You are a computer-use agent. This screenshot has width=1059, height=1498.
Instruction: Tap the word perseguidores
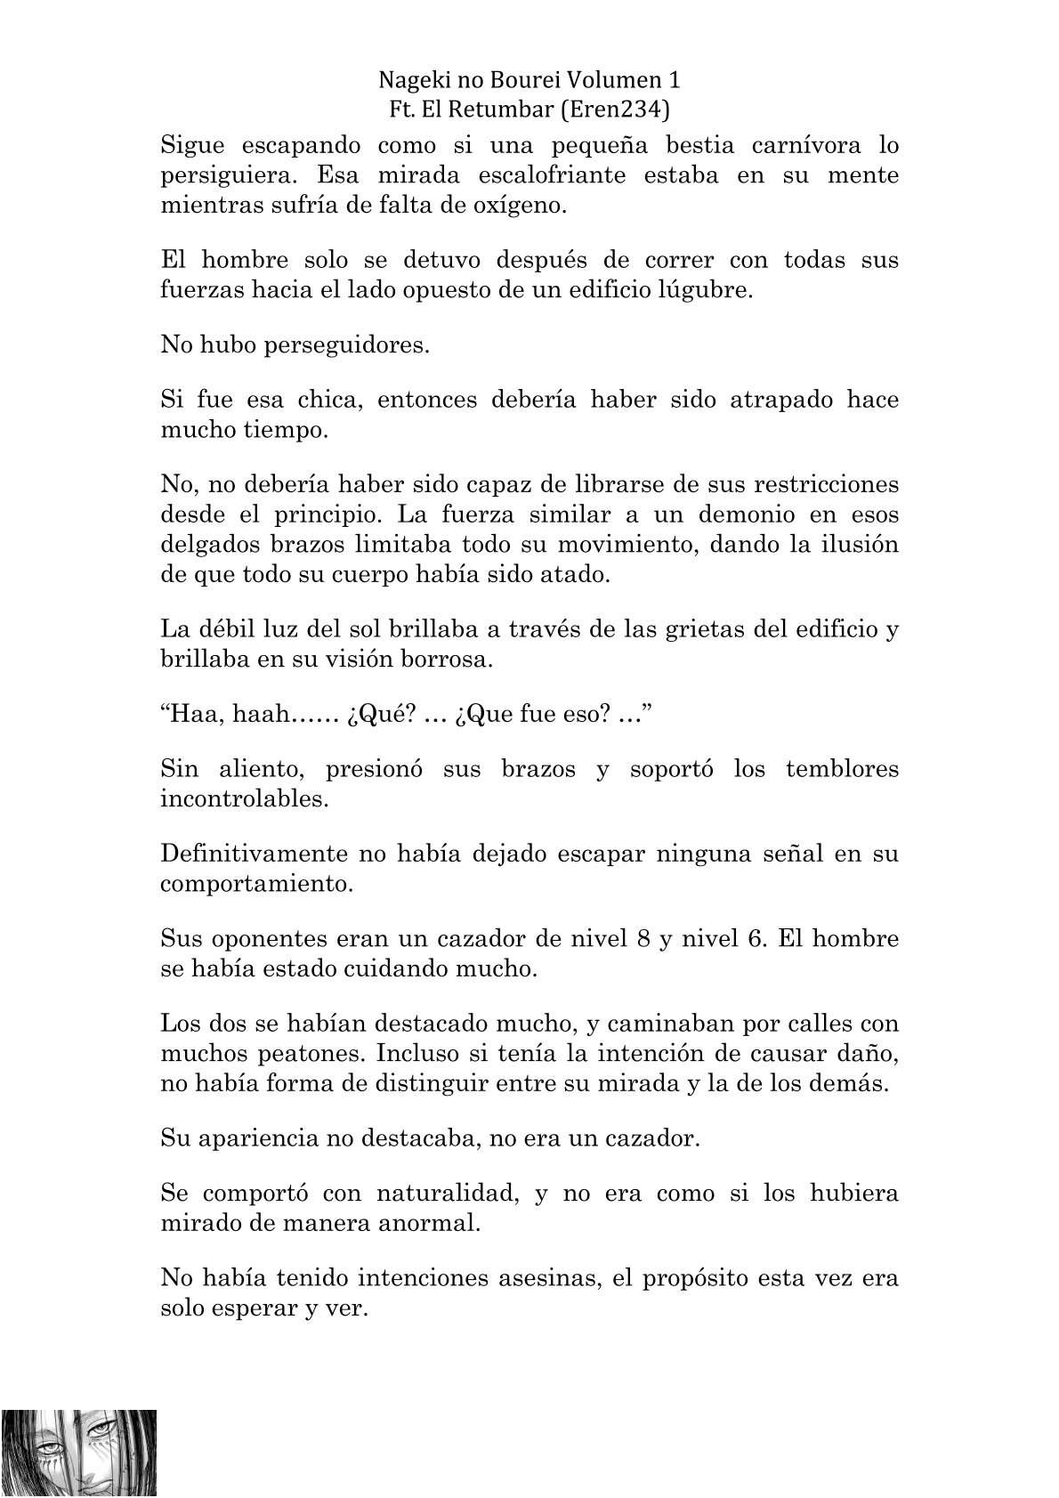coord(347,345)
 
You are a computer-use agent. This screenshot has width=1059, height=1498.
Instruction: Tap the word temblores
coord(842,768)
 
